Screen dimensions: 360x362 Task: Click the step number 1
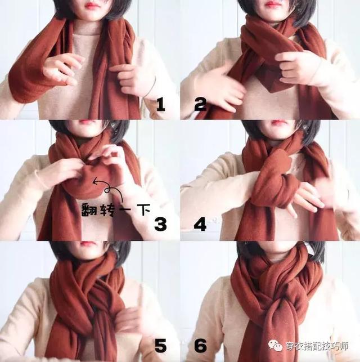tap(161, 104)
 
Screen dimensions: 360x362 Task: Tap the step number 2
tap(200, 104)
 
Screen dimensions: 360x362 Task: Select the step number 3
tap(160, 224)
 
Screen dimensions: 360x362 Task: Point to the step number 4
tap(200, 224)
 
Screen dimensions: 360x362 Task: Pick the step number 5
tap(160, 346)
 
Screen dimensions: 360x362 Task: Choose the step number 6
tap(200, 346)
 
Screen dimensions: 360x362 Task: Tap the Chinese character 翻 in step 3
tap(89, 209)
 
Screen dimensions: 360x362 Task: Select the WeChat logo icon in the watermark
tap(275, 345)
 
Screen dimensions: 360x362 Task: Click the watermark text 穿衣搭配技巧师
tap(317, 346)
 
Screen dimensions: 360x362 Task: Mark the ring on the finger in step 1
tap(66, 79)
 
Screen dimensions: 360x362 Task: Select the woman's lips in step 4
tap(278, 122)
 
